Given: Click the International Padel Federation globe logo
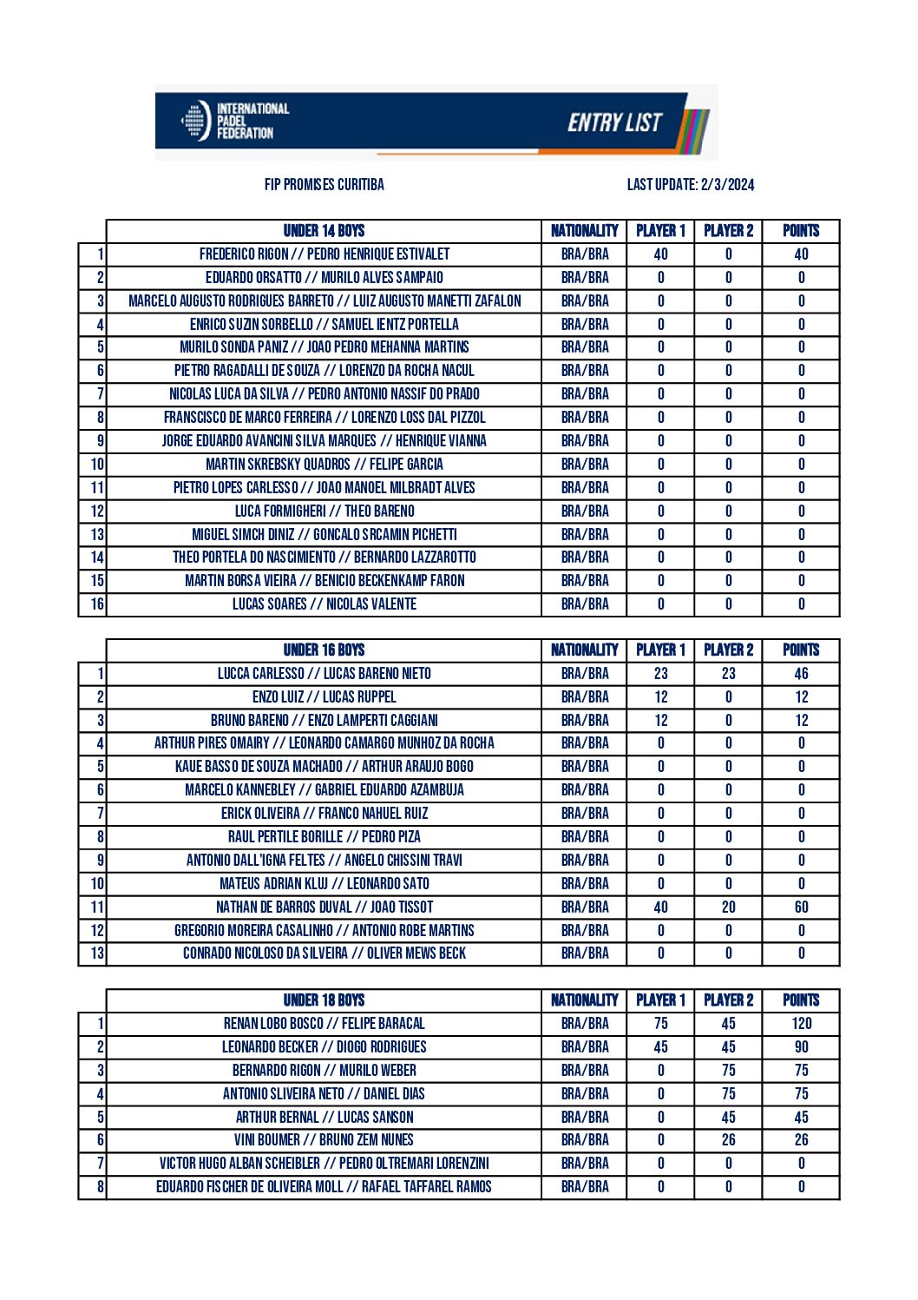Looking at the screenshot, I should pos(195,121).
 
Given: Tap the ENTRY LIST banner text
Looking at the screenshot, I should pos(614,122).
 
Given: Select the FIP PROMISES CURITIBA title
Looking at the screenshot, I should pos(324,184).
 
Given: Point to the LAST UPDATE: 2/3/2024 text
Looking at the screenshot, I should pos(691,184).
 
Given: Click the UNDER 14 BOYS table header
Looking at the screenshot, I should pos(324,231).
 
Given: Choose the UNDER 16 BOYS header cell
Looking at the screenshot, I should pos(324,650).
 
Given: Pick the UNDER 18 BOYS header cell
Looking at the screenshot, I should pos(324,1000).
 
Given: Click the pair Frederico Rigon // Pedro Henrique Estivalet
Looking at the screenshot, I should pos(324,254).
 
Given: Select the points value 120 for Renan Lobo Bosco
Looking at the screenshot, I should pos(801,1024).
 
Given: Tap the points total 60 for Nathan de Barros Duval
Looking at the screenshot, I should pos(801,907).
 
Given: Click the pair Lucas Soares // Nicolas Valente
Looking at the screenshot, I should pos(324,604).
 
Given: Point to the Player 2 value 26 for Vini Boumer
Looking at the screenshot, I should pos(728,1140).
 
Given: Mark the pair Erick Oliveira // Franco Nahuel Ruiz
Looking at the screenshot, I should pos(324,814).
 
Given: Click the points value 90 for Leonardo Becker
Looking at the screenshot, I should pos(801,1047).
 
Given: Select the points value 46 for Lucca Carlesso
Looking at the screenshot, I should pos(801,674).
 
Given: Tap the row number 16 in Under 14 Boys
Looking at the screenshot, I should pos(96,604).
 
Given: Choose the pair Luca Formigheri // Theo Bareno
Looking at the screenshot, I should pos(324,511).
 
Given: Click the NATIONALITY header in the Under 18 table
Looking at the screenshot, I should pos(584,1000).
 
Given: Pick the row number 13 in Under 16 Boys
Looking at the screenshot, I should pos(96,954).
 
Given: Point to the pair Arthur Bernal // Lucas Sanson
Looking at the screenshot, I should pos(324,1118).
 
